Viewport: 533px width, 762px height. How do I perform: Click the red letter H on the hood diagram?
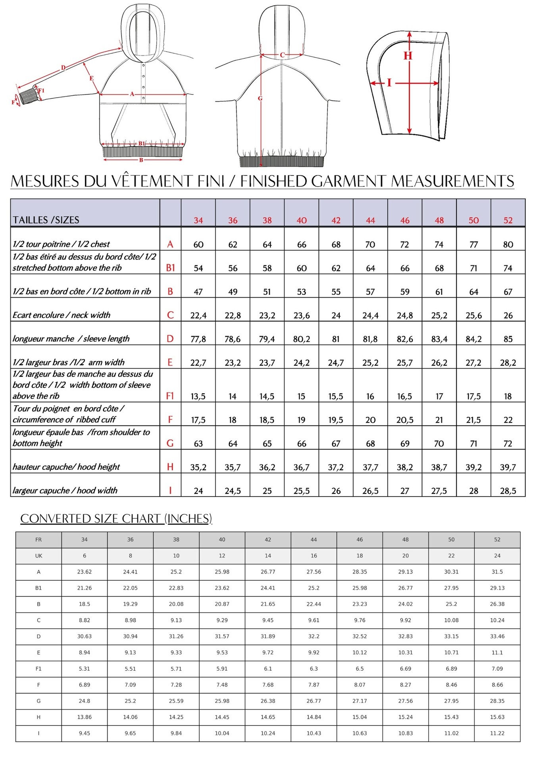tap(408, 56)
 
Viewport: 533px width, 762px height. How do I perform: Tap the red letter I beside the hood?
tap(389, 83)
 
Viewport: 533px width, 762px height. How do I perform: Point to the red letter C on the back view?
tap(282, 55)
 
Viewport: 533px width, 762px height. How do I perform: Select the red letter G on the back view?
tap(260, 98)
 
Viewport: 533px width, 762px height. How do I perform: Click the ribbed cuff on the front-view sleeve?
tap(29, 96)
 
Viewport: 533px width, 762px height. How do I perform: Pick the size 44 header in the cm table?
tap(370, 220)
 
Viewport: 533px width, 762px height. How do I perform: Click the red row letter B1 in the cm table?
tap(170, 268)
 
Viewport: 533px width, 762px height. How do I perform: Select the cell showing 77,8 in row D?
tap(198, 339)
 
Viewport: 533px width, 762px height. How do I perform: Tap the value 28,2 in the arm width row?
tap(508, 362)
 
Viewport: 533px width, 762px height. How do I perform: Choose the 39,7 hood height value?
tap(508, 467)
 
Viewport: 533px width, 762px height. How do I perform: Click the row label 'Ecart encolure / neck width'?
tap(62, 315)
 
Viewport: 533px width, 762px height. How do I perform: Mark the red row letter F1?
tap(170, 396)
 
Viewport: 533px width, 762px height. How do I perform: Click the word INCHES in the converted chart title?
tap(189, 519)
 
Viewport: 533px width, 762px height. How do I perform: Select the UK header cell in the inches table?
tap(38, 556)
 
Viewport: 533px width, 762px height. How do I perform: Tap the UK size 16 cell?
tap(314, 556)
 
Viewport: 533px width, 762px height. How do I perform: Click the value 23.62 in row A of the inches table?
tap(84, 572)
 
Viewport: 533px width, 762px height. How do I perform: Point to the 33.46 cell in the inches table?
tap(497, 636)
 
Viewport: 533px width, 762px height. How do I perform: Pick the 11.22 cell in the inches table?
tap(497, 733)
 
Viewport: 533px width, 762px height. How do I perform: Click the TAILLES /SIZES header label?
tap(46, 220)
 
